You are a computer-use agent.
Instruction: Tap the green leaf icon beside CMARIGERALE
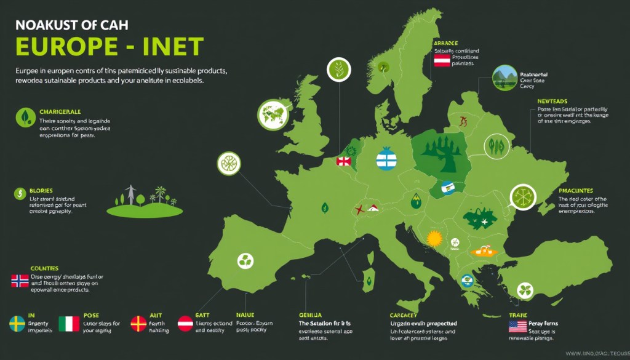coord(25,117)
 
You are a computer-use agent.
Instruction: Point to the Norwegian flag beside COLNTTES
coord(20,281)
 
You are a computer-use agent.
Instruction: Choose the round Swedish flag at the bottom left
coord(17,324)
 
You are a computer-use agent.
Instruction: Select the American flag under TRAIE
coord(517,326)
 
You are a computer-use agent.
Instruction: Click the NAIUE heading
coord(237,315)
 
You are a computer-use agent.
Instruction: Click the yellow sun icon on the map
coord(435,238)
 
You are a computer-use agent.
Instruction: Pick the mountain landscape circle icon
coord(505,79)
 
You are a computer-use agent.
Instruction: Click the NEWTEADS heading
coord(552,101)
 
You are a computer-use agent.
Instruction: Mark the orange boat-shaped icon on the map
coord(482,251)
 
